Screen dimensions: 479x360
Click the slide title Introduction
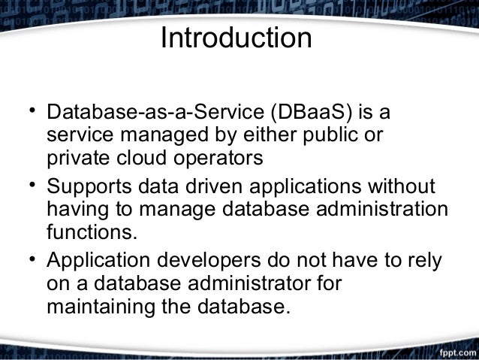(236, 40)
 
